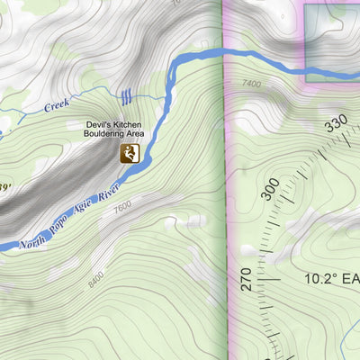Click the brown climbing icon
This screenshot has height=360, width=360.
(x=130, y=154)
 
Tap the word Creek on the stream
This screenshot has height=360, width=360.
(x=57, y=105)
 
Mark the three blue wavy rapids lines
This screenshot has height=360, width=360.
(x=127, y=95)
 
